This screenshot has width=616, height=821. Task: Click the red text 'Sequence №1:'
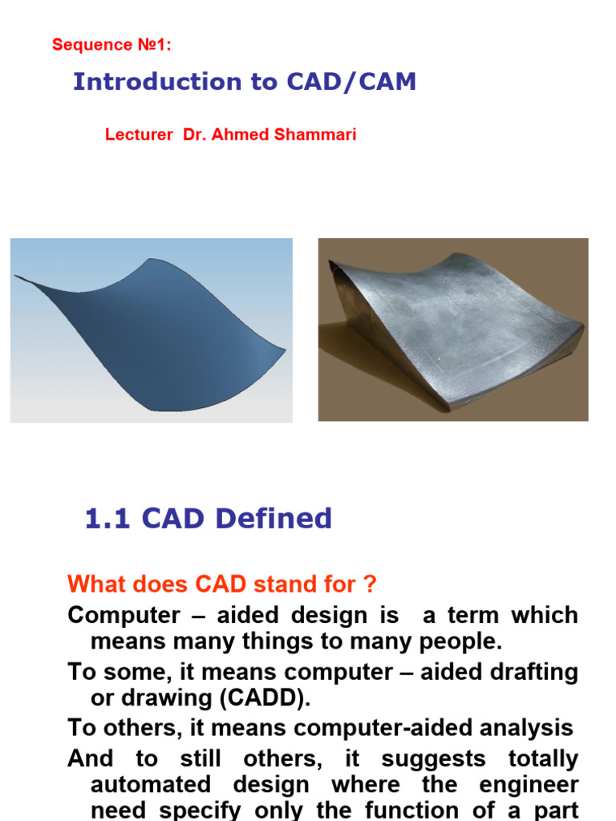(111, 45)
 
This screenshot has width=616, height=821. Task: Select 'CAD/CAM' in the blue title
(351, 82)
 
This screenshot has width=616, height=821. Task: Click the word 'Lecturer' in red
(139, 135)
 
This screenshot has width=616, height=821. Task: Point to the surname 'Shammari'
(315, 135)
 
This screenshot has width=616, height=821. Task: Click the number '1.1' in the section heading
(107, 519)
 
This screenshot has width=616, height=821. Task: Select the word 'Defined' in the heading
(274, 519)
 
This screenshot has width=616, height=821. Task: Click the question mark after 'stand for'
(371, 584)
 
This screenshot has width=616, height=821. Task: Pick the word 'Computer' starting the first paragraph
(124, 615)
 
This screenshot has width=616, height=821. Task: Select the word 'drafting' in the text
(499, 672)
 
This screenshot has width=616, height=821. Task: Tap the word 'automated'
(151, 784)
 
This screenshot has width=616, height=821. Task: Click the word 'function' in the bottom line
(411, 810)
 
